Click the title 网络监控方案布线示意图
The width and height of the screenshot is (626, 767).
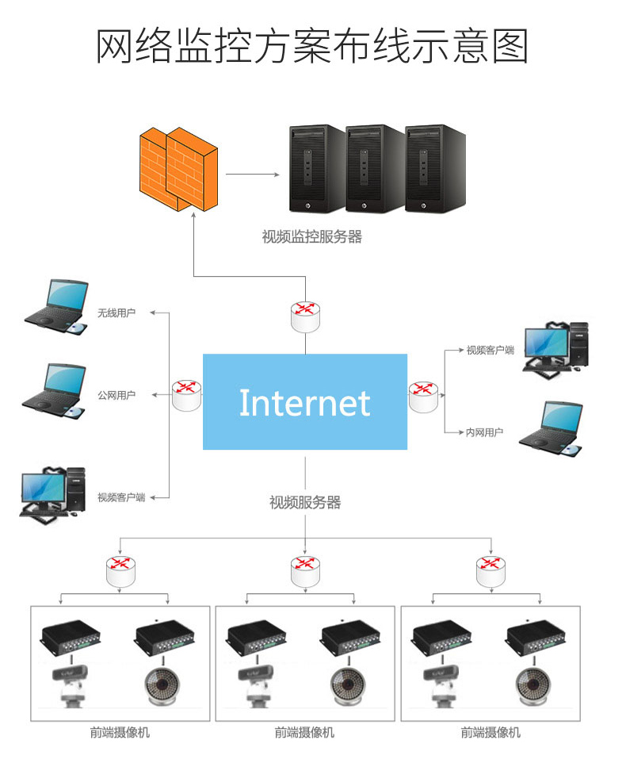(x=312, y=46)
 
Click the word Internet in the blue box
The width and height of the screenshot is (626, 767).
(x=305, y=403)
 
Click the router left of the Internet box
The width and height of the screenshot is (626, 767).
(x=187, y=394)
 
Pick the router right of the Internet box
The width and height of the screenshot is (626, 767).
(x=423, y=394)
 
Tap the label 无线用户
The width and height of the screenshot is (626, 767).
(x=116, y=313)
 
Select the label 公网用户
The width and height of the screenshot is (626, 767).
(x=116, y=395)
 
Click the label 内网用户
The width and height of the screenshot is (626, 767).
(x=485, y=432)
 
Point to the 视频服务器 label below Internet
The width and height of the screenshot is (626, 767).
(x=305, y=502)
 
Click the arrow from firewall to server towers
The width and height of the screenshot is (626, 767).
(x=253, y=174)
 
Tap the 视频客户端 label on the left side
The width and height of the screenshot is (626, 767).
(x=121, y=497)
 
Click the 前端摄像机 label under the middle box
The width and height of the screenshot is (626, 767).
(x=305, y=733)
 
